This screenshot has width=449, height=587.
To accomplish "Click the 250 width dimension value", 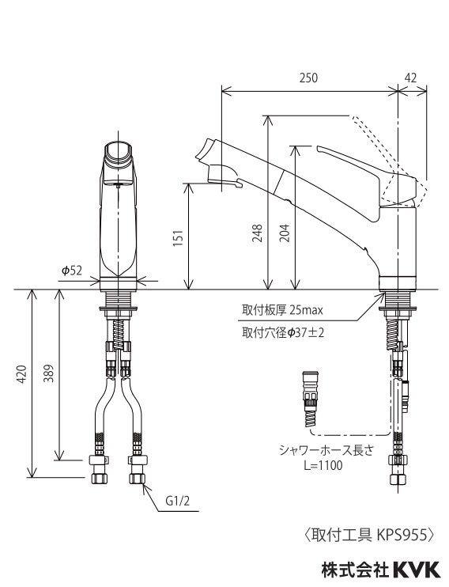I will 308,78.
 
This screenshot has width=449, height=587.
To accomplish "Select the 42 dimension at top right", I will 410,78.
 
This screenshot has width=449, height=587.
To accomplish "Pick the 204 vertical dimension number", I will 285,230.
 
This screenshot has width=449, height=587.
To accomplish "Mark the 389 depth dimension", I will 48,375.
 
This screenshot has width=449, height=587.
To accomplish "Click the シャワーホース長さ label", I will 319,449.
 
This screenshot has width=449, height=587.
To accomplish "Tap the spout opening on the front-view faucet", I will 119,150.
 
